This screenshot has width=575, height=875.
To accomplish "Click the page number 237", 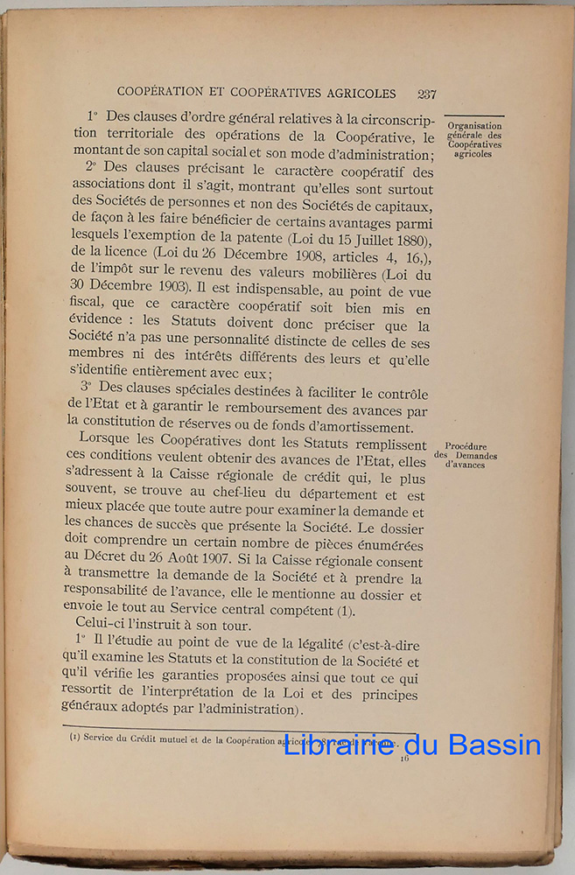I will pos(427,94).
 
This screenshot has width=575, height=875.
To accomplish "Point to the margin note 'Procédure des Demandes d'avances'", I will pos(466,455).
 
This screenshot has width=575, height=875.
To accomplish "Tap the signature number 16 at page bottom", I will pos(404,759).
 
